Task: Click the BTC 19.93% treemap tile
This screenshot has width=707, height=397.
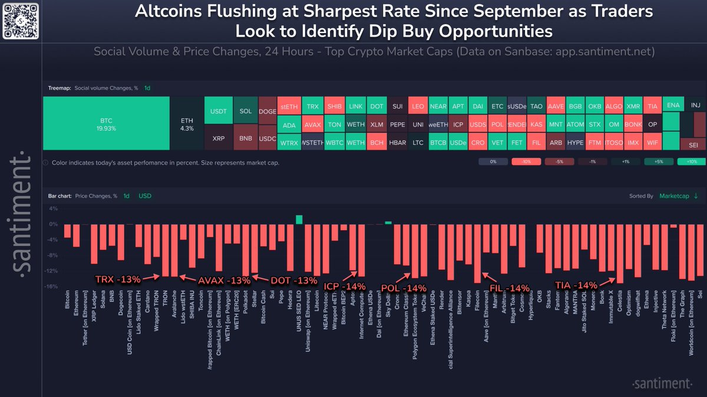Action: [106, 123]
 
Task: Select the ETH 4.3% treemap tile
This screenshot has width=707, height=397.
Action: [186, 123]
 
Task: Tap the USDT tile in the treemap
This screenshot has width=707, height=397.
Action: [217, 111]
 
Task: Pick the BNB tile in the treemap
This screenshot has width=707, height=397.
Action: [246, 138]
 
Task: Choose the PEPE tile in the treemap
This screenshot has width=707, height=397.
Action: [398, 125]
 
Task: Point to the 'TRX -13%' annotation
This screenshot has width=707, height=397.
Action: [118, 278]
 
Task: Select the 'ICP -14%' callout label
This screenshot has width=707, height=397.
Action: [344, 286]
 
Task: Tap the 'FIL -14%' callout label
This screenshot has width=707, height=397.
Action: [510, 288]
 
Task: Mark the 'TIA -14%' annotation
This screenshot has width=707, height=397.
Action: [576, 285]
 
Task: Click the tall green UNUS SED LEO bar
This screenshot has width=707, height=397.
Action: [299, 219]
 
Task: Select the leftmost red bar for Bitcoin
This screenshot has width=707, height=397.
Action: [67, 231]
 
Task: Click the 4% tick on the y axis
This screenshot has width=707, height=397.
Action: [52, 209]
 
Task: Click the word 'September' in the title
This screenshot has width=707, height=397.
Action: [501, 11]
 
